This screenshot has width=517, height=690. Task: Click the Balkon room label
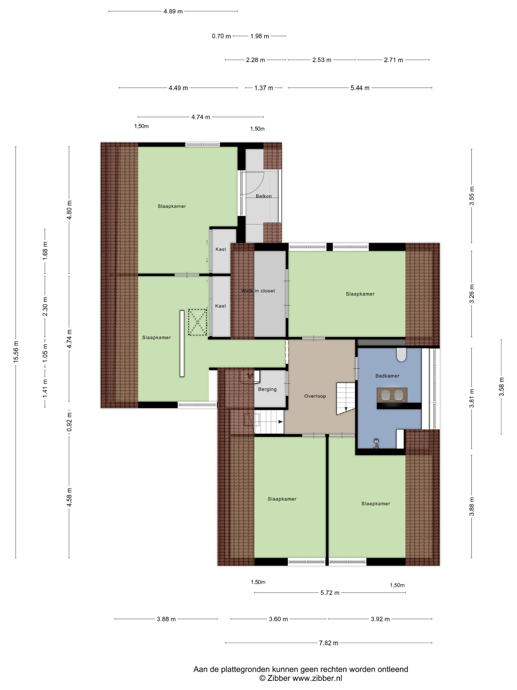click(x=264, y=196)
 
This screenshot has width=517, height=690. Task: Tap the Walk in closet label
click(x=258, y=291)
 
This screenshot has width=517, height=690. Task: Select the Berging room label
click(x=267, y=389)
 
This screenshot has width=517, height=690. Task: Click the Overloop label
click(x=315, y=396)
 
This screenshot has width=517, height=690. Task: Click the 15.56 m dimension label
click(x=16, y=351)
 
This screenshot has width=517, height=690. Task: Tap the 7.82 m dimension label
click(x=329, y=643)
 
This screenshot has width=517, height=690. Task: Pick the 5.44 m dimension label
click(x=360, y=88)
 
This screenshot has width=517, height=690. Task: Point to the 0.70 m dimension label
click(x=221, y=36)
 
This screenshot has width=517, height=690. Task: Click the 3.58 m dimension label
click(x=501, y=387)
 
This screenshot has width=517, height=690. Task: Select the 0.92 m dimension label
click(x=69, y=422)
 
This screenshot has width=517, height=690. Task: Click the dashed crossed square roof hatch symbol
click(x=198, y=322)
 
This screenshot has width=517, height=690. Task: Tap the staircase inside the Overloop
click(x=345, y=398)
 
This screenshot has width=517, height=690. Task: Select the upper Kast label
click(x=221, y=249)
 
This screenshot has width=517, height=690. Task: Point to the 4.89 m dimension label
click(x=173, y=12)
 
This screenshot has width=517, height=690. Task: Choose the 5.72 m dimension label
click(x=330, y=593)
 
